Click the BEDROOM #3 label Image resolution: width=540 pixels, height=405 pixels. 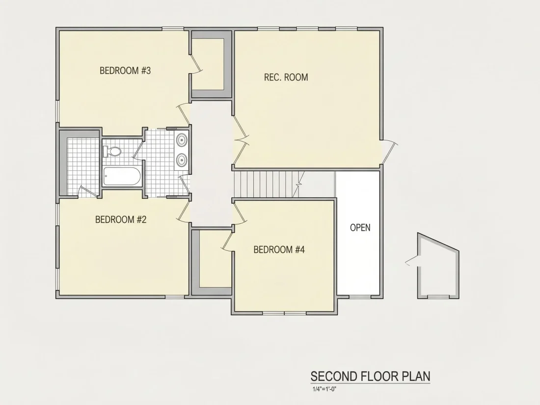point(125,71)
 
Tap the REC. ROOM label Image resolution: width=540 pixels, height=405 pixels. point(286,77)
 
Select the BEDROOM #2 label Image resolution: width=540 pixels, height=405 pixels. point(121,219)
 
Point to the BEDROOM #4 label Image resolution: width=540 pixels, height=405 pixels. point(279,249)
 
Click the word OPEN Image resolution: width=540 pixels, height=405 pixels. point(360,228)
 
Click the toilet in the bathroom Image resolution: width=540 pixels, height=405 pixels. point(112,151)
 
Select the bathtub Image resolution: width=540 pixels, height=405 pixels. point(122,176)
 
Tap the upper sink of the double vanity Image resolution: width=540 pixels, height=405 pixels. point(182,140)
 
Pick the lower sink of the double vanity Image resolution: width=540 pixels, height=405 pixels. point(182,160)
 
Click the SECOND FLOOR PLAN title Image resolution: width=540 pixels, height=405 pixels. point(370,377)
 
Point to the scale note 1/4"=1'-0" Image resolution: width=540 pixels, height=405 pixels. point(324,389)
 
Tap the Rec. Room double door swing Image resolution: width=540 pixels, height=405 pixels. point(241,139)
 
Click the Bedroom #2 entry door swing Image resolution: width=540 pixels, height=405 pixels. point(184,211)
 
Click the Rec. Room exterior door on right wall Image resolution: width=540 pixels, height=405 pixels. point(389,152)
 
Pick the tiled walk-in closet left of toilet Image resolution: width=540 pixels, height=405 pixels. point(83,166)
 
